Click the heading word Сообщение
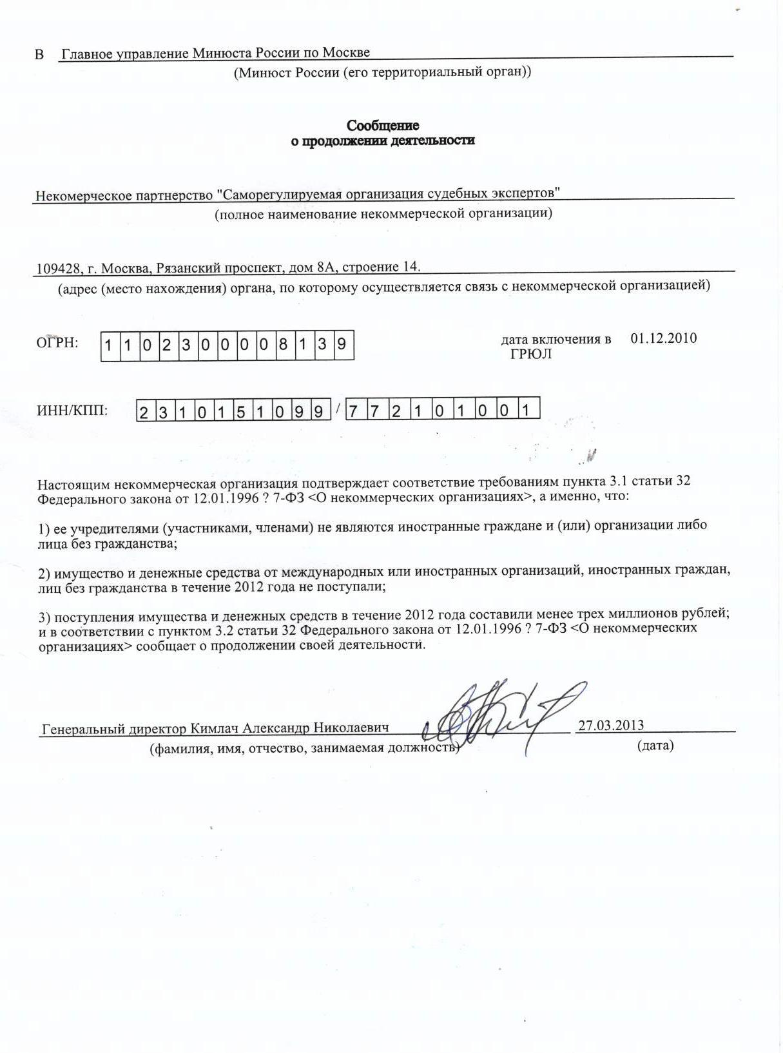click(383, 125)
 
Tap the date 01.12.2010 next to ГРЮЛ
click(663, 338)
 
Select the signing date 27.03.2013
click(610, 725)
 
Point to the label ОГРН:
click(57, 343)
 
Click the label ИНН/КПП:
click(72, 411)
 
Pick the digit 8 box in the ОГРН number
click(283, 345)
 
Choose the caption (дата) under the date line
click(655, 746)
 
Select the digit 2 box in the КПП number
click(396, 411)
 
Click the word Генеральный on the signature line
click(81, 728)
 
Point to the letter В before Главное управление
click(39, 54)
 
